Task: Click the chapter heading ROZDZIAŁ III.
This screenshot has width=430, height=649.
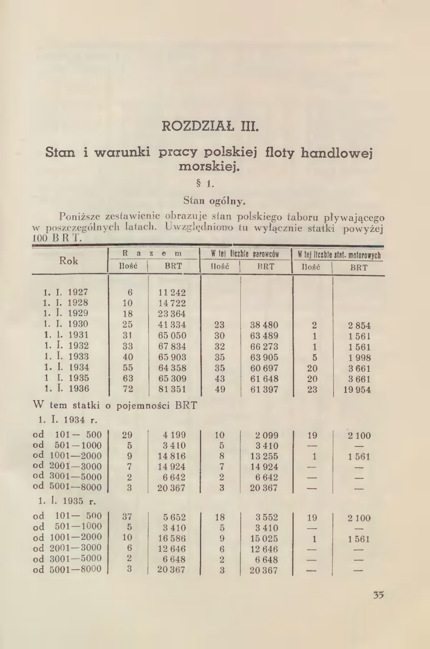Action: pyautogui.click(x=210, y=128)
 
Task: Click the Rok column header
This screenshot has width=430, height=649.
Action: pyautogui.click(x=69, y=261)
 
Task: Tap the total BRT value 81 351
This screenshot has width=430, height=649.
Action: pyautogui.click(x=172, y=390)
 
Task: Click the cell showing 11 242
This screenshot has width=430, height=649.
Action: pyautogui.click(x=172, y=293)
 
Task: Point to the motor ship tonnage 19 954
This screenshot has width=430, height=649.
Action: pyautogui.click(x=357, y=390)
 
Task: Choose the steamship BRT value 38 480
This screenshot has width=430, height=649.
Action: pyautogui.click(x=264, y=325)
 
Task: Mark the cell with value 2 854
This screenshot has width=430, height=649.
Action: pyautogui.click(x=359, y=326)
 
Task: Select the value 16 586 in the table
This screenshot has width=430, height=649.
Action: pyautogui.click(x=172, y=539)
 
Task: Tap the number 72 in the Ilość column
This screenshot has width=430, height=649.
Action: pyautogui.click(x=128, y=389)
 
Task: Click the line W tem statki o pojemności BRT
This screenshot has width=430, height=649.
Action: pyautogui.click(x=116, y=406)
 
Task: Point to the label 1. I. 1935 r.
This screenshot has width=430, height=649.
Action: pyautogui.click(x=67, y=501)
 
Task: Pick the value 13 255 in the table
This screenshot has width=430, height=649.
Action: pyautogui.click(x=264, y=456)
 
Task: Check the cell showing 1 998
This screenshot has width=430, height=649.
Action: pyautogui.click(x=359, y=357)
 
